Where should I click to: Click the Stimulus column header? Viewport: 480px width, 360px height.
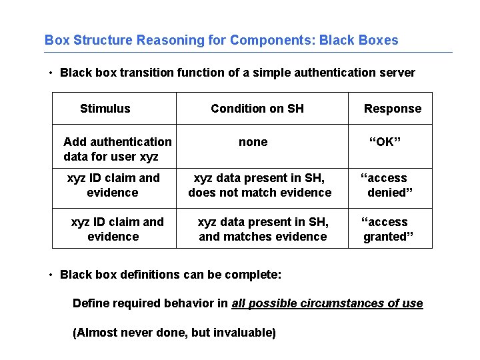(105, 109)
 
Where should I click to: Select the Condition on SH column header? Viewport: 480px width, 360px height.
(257, 109)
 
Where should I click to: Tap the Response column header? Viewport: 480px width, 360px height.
(392, 109)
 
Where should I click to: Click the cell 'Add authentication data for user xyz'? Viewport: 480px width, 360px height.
(117, 149)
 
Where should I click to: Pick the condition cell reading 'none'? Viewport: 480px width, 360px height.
(253, 142)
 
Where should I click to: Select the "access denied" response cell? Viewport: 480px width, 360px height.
(387, 185)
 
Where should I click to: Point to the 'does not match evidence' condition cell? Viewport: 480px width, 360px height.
(259, 185)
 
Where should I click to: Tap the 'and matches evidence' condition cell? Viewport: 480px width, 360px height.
(263, 229)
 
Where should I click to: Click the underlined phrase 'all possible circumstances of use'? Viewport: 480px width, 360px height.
(327, 303)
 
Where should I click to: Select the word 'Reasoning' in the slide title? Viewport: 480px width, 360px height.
(165, 40)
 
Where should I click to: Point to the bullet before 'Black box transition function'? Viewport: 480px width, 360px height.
(51, 73)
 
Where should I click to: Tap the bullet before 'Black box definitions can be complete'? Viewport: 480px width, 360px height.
(51, 275)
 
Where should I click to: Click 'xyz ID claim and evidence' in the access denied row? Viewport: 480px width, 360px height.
(113, 185)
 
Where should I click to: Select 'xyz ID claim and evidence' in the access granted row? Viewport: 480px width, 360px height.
(117, 229)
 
